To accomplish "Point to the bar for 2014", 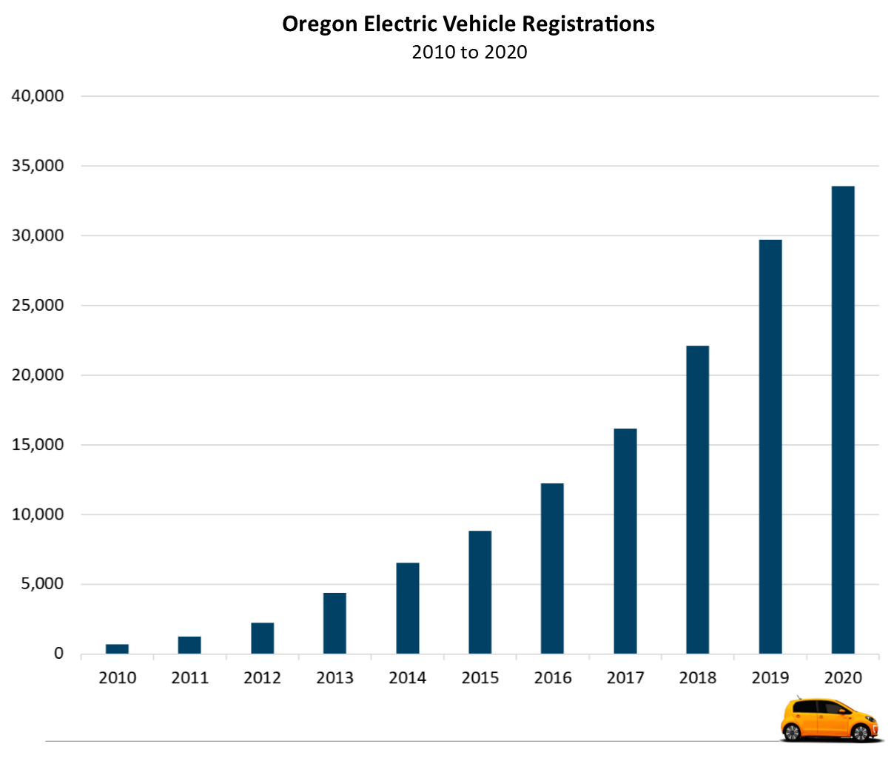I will pyautogui.click(x=408, y=608).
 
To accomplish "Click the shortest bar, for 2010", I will pyautogui.click(x=117, y=649).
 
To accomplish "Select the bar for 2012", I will pyautogui.click(x=263, y=638).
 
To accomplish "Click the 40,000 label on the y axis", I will pyautogui.click(x=38, y=96).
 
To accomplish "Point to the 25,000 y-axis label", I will pyautogui.click(x=38, y=305).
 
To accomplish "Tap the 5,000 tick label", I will pyautogui.click(x=42, y=584).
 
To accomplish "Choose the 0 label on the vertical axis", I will pyautogui.click(x=58, y=654).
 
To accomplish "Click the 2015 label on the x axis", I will pyautogui.click(x=480, y=678).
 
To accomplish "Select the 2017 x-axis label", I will pyautogui.click(x=625, y=678).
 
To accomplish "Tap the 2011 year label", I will pyautogui.click(x=190, y=678).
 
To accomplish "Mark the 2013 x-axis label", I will pyautogui.click(x=335, y=678).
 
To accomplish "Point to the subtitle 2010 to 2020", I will pyautogui.click(x=469, y=53).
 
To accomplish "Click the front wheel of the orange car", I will pyautogui.click(x=860, y=733).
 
